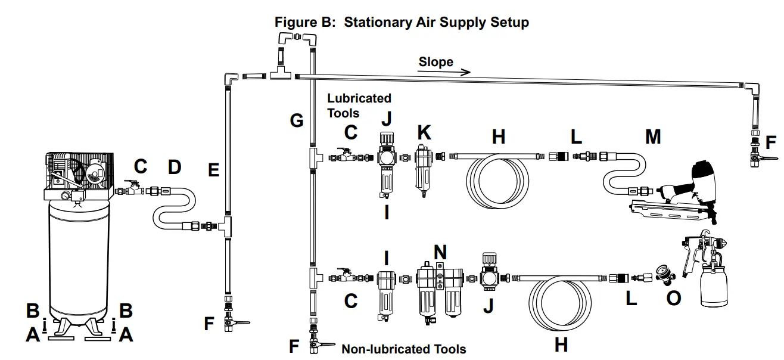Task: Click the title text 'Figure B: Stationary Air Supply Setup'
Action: pos(402,23)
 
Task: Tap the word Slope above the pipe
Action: pos(435,62)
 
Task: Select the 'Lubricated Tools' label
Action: pos(359,105)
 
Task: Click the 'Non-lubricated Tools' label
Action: pos(403,349)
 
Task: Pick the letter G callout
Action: pos(297,121)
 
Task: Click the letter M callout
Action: pos(653,136)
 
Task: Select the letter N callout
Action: pos(440,252)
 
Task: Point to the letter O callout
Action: pos(673,297)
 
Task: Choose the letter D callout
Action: pos(174,167)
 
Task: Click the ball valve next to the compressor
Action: pos(132,189)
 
